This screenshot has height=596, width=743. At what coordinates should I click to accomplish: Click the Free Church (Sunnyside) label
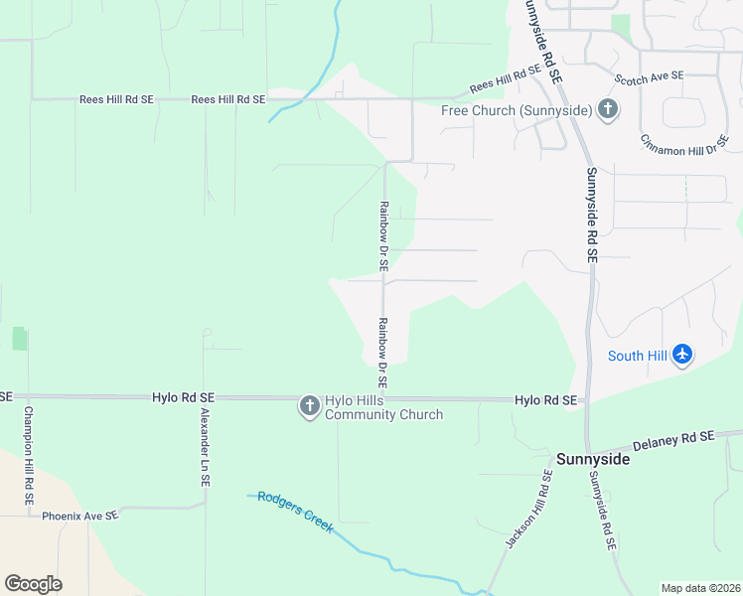click(x=517, y=109)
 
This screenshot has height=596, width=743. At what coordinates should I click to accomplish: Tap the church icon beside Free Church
click(x=608, y=109)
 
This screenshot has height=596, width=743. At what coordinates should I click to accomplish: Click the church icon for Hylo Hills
click(x=309, y=405)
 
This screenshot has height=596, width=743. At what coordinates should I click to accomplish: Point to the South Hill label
click(x=637, y=356)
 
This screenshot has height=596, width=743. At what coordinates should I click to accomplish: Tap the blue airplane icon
click(x=681, y=355)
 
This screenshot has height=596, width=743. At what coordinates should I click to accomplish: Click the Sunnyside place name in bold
click(x=592, y=459)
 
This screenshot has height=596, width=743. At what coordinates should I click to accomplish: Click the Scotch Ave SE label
click(x=649, y=76)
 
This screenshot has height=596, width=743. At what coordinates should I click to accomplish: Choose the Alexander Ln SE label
click(x=205, y=446)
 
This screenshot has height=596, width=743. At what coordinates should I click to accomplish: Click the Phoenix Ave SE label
click(x=79, y=516)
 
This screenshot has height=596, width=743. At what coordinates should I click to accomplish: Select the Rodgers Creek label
click(x=295, y=511)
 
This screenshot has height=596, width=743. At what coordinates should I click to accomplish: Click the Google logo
click(x=33, y=584)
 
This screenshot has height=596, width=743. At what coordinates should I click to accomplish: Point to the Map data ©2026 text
click(x=699, y=588)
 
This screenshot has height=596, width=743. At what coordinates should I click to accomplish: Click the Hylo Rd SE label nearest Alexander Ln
click(x=184, y=396)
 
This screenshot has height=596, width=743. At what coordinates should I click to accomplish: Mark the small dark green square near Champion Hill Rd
click(x=20, y=339)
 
